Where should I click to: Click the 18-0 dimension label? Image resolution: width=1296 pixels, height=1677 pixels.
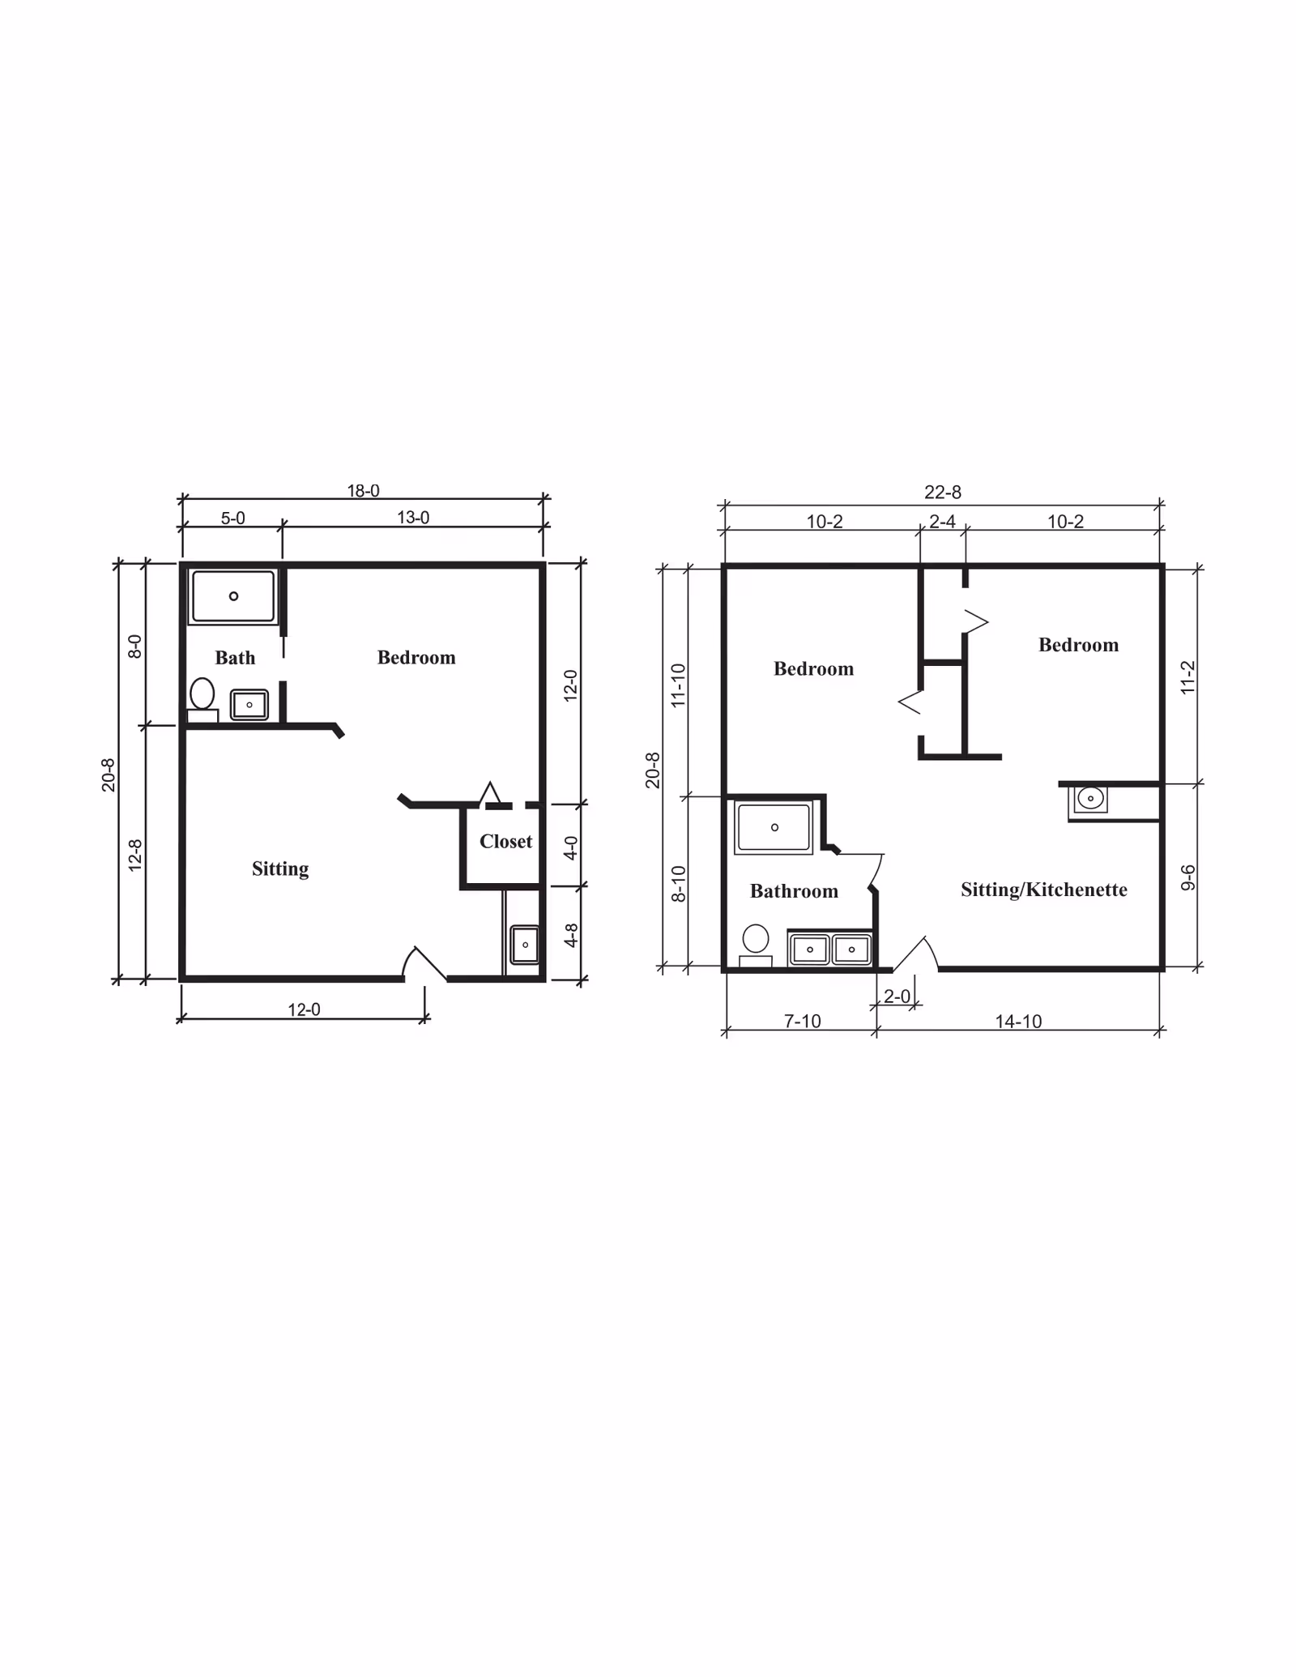[x=363, y=491]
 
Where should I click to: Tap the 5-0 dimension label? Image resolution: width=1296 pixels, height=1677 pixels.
[x=232, y=518]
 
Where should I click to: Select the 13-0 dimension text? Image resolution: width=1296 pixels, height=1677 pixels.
[x=413, y=518]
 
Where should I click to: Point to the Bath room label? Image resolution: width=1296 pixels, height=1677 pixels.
[x=235, y=658]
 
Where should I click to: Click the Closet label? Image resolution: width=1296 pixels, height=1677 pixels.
[x=505, y=842]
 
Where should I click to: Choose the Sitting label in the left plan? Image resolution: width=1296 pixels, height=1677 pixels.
[x=280, y=869]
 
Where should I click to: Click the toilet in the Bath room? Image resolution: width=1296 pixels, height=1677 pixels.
[x=202, y=696]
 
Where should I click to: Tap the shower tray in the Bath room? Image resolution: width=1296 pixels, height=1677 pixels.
[x=233, y=596]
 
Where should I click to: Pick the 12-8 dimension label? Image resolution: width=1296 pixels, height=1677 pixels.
[x=135, y=855]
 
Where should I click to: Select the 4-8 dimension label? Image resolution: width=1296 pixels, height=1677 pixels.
[x=571, y=936]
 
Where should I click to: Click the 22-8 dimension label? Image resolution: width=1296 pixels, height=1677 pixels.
[x=943, y=493]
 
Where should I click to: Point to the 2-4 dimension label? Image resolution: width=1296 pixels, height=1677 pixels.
[x=942, y=522]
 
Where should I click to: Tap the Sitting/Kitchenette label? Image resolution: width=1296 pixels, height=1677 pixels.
[x=1043, y=890]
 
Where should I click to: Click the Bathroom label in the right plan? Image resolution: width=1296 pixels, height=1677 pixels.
[x=794, y=891]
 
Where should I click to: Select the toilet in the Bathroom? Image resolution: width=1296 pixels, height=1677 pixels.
[x=756, y=941]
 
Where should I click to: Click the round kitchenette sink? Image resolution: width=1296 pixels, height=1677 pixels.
[x=1090, y=799]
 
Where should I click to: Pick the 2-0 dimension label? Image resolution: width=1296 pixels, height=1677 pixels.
[x=897, y=996]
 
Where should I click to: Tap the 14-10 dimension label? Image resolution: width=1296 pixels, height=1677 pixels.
[x=1018, y=1022]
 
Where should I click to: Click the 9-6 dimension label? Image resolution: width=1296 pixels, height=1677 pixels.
[x=1187, y=877]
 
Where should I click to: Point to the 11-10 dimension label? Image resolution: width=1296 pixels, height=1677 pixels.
[x=679, y=685]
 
